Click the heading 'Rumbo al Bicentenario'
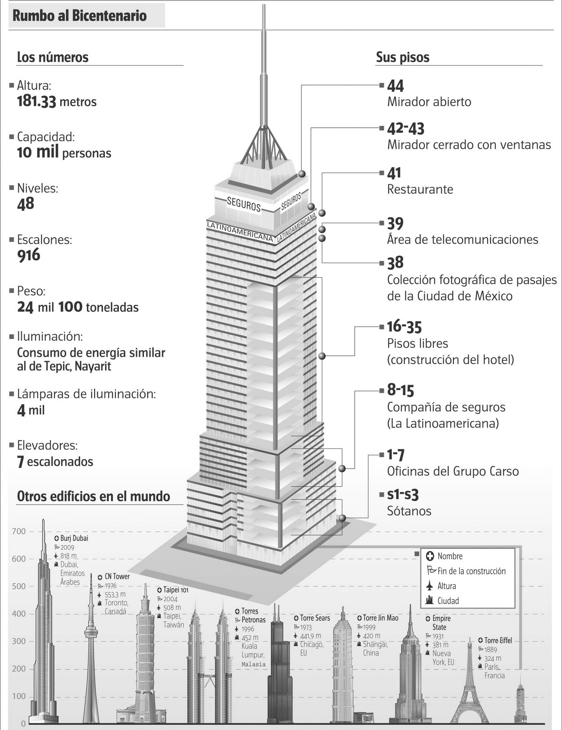pyautogui.click(x=79, y=16)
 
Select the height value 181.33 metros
pyautogui.click(x=57, y=101)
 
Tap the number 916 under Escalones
pyautogui.click(x=29, y=255)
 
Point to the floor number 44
pyautogui.click(x=395, y=86)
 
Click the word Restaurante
pyautogui.click(x=420, y=189)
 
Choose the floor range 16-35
pyautogui.click(x=404, y=327)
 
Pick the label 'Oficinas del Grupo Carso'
pyautogui.click(x=452, y=471)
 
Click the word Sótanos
pyautogui.click(x=409, y=511)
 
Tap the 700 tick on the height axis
pyautogui.click(x=19, y=532)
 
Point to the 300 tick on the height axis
pyautogui.click(x=19, y=641)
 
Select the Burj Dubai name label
pyautogui.click(x=74, y=538)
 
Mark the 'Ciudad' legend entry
pyautogui.click(x=448, y=601)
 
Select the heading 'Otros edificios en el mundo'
pyautogui.click(x=94, y=496)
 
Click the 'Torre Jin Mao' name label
pyautogui.click(x=380, y=618)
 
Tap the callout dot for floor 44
pyautogui.click(x=302, y=174)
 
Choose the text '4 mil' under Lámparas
pyautogui.click(x=31, y=410)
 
